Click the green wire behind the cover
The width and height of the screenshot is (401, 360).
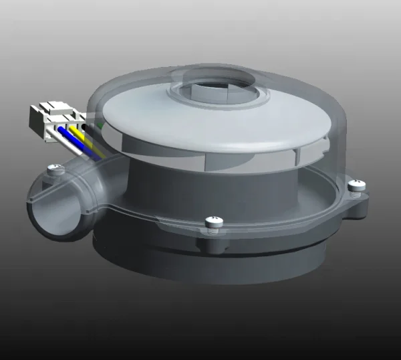tap(100, 124)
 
